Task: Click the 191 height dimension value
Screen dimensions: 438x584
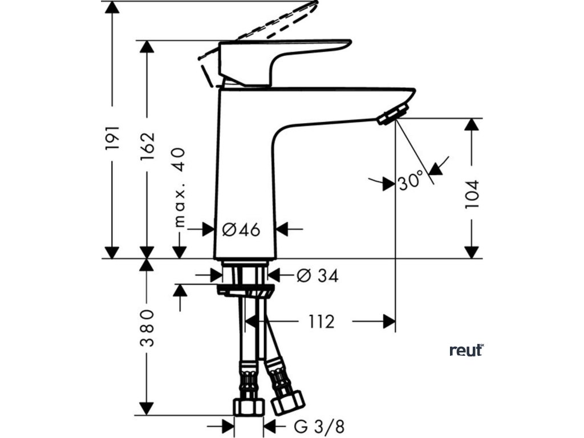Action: click(x=113, y=137)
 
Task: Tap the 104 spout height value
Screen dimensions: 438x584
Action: click(x=472, y=194)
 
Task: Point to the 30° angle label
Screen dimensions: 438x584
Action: click(x=411, y=181)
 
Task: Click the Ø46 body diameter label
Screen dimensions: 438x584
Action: click(x=241, y=230)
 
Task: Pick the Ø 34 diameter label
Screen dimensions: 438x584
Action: click(x=318, y=276)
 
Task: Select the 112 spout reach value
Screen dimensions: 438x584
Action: click(x=322, y=322)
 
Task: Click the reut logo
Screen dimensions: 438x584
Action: click(x=467, y=350)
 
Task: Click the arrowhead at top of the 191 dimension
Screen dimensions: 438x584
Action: click(x=113, y=7)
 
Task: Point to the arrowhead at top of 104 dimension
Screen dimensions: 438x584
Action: click(x=472, y=125)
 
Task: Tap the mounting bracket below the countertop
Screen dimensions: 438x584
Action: click(x=245, y=291)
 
